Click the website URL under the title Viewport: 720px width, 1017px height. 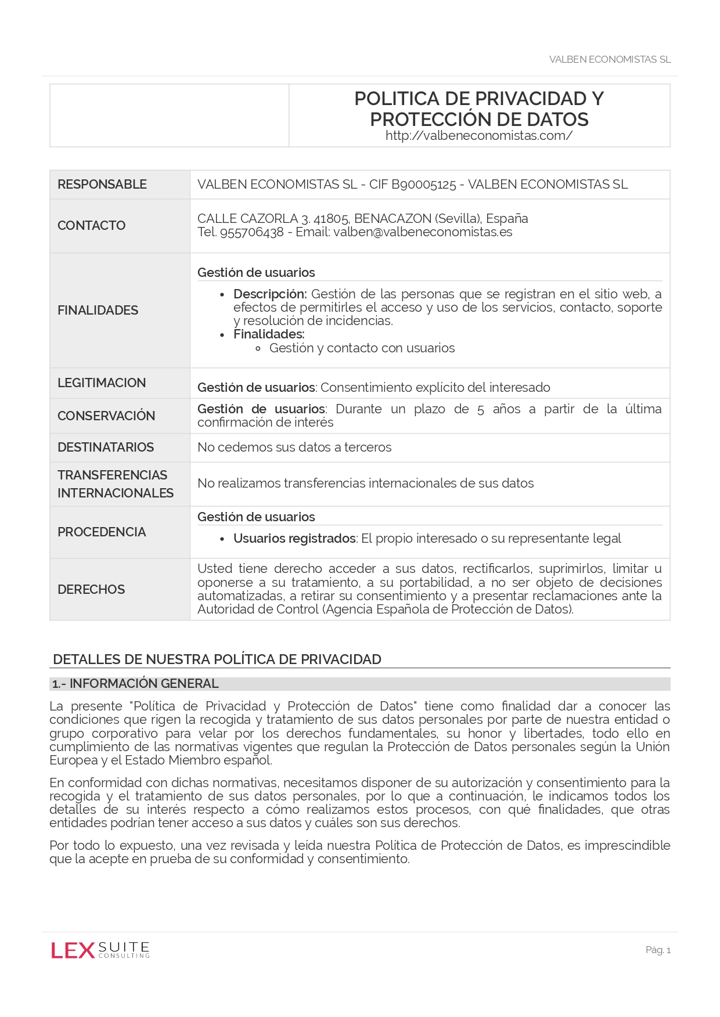[x=479, y=136]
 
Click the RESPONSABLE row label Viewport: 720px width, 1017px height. [x=102, y=185]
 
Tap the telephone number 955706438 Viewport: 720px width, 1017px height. [x=252, y=232]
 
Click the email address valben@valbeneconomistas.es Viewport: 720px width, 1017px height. [x=423, y=232]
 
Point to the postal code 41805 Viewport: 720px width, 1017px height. [x=331, y=219]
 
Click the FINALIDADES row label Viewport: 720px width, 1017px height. [x=98, y=311]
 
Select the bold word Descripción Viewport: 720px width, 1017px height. [x=269, y=294]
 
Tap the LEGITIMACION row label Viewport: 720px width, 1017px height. [x=102, y=383]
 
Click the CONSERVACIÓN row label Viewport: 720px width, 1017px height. [x=106, y=416]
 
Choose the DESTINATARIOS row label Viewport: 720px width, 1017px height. [x=106, y=448]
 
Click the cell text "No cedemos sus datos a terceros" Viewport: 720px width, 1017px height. [x=294, y=448]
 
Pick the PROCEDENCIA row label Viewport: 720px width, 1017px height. [x=102, y=532]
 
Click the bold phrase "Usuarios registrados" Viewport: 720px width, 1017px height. [x=294, y=539]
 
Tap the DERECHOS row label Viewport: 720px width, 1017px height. [x=91, y=590]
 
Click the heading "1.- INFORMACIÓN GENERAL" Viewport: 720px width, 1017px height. [x=135, y=684]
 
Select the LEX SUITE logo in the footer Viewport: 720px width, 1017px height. [x=100, y=950]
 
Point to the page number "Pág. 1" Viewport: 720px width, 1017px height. [x=658, y=950]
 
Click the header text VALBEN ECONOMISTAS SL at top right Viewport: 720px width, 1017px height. [x=610, y=60]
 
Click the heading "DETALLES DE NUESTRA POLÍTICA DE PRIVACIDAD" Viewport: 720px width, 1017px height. [x=217, y=659]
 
